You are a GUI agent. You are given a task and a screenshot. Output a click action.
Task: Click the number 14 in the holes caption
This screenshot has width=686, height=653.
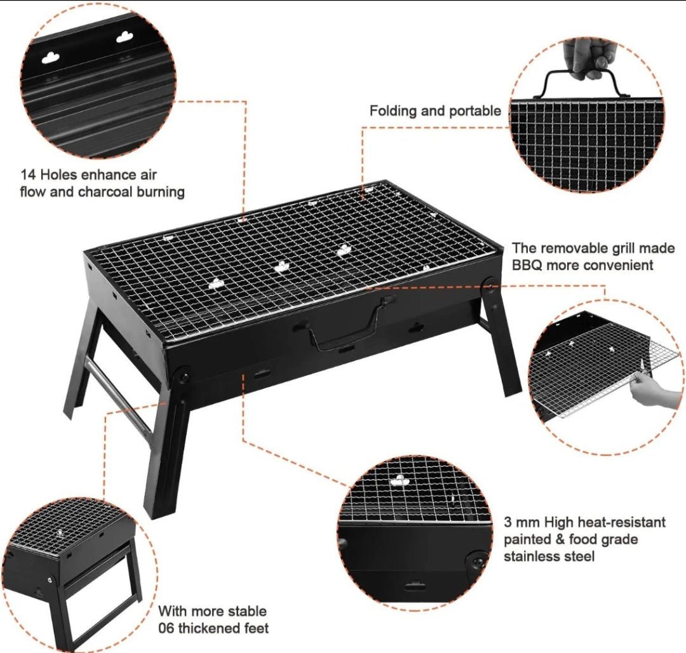pos(27,175)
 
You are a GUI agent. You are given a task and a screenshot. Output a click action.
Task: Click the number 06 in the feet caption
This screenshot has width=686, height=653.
pos(166,628)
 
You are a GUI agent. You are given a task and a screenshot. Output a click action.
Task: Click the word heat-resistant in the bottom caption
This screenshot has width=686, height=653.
pos(622,522)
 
